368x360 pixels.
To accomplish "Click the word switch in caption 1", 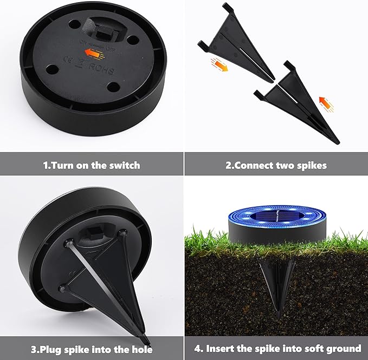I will [x=124, y=165].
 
